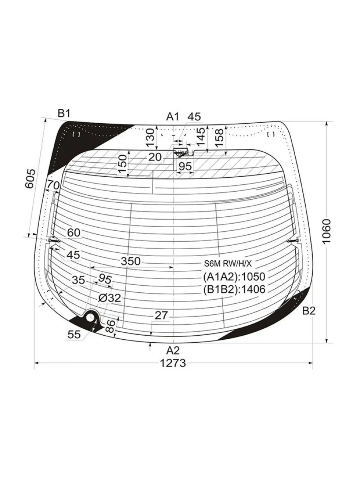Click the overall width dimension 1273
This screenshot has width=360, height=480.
pos(173,363)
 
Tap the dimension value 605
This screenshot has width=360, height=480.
pos(30,178)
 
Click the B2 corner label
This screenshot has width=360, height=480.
pos(309,311)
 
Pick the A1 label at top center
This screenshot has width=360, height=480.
pos(173,116)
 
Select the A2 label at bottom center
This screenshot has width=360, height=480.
pos(173,351)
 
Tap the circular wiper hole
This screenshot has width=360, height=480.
pos(90,317)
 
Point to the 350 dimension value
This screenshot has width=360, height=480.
pos(130,261)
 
